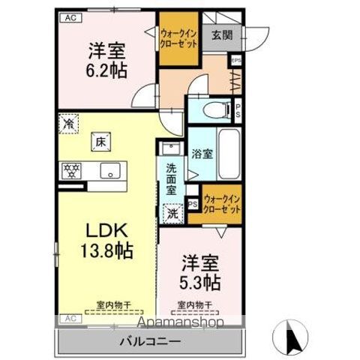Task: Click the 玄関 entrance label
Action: [x=222, y=34]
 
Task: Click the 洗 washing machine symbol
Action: [x=172, y=212]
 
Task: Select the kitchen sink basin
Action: [x=111, y=170]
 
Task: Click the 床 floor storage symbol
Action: [x=100, y=139]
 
